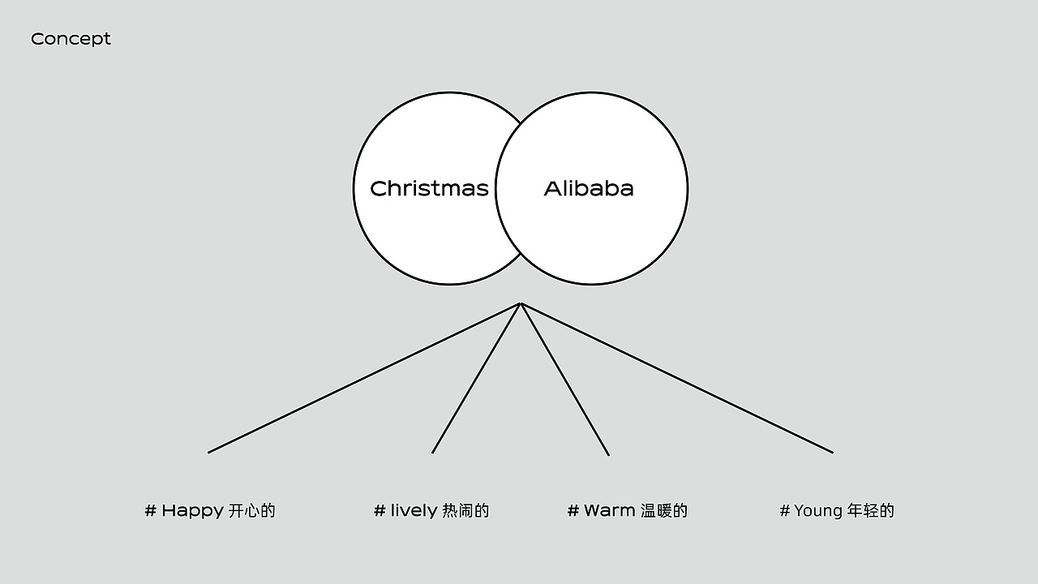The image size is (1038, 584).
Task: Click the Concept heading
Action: (x=71, y=40)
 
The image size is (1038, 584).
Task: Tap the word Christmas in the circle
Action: (x=429, y=189)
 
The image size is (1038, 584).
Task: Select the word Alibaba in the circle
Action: (x=589, y=189)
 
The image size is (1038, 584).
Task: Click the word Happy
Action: (x=192, y=511)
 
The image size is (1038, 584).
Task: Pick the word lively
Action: (x=414, y=511)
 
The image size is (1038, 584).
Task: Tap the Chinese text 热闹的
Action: (x=465, y=511)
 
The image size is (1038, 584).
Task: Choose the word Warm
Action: (x=609, y=511)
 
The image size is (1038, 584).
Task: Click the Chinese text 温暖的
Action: (x=664, y=511)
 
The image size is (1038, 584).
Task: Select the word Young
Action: (x=818, y=511)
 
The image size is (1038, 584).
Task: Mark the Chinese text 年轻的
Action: (x=871, y=511)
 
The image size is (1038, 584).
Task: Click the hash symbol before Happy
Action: (x=150, y=511)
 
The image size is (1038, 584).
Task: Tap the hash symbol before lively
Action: (x=380, y=511)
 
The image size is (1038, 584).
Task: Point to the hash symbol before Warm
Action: (x=573, y=511)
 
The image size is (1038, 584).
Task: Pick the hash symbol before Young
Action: (x=784, y=511)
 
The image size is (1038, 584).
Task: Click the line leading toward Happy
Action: (x=364, y=378)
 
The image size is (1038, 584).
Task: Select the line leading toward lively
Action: (x=476, y=378)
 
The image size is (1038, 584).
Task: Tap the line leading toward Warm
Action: (x=565, y=379)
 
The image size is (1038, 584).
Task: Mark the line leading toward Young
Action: (x=677, y=378)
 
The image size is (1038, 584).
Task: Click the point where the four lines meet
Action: (x=521, y=303)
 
